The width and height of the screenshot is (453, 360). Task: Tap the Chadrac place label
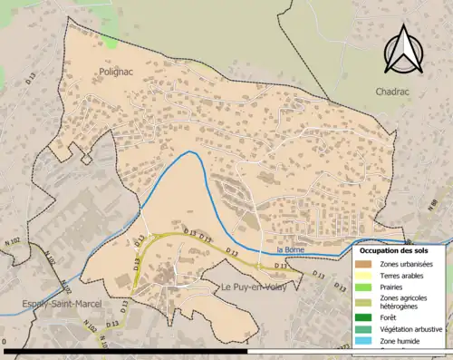(394, 92)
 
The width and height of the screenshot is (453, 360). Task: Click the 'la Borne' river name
(288, 249)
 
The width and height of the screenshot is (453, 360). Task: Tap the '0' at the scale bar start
(5, 342)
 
